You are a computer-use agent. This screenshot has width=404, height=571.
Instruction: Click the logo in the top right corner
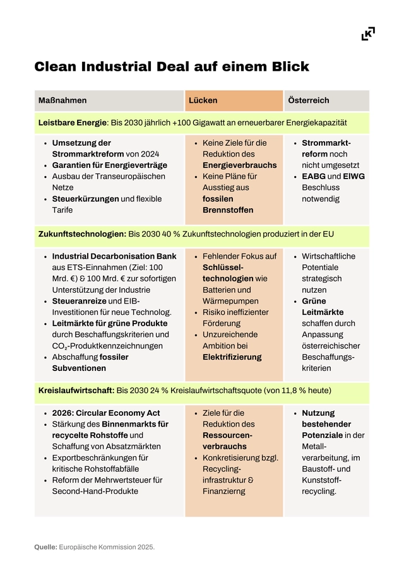pos(368,34)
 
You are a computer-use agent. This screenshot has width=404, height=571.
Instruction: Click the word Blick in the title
pos(287,67)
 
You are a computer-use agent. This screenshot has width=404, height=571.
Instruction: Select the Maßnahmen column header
pos(62,100)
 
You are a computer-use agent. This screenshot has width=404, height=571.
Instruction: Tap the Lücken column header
pos(203,100)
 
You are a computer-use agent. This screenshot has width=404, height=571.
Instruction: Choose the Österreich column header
pos(309,100)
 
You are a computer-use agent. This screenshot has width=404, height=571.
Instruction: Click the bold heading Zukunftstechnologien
pos(81,234)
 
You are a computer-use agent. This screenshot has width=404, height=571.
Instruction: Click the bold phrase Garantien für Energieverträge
pos(105,165)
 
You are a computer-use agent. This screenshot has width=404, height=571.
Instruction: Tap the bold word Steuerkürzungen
pos(85,199)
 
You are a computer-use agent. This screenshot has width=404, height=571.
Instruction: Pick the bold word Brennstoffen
pos(228,209)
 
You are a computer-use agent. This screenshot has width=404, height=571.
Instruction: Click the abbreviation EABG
pos(313,176)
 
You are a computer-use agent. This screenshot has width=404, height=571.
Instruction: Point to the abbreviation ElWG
pos(354,176)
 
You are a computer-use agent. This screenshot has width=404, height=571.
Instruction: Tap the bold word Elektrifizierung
pos(232,357)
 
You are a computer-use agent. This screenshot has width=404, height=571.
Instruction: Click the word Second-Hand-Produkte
pos(95,491)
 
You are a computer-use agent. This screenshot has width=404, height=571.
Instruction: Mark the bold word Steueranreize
pos(80,301)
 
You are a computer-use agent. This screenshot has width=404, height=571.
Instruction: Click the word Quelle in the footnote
pos(45,547)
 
